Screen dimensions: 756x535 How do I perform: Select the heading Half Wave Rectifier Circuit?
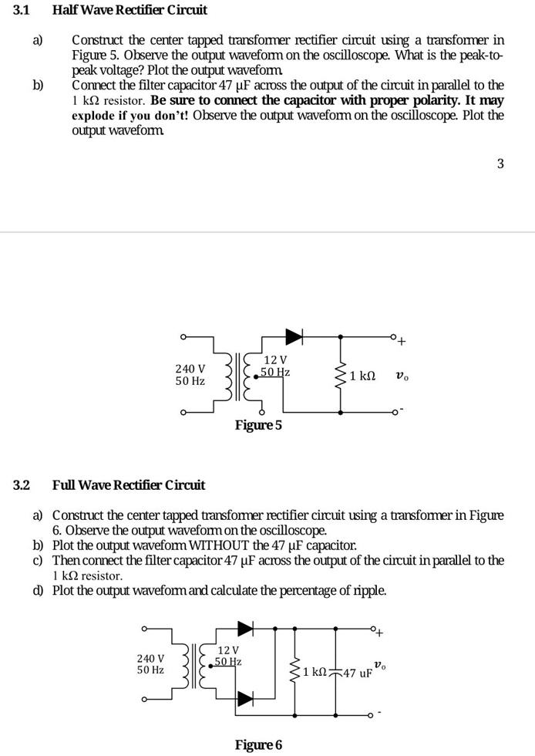click(130, 11)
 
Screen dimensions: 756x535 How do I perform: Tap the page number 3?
click(500, 164)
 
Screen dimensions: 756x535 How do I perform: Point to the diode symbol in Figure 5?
click(294, 336)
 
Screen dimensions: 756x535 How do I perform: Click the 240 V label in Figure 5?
click(190, 369)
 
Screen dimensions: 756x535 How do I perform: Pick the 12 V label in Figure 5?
click(275, 360)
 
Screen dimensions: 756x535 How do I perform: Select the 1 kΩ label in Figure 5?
click(362, 376)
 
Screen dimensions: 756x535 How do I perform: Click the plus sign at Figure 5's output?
click(402, 343)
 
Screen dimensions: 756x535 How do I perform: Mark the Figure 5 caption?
click(258, 425)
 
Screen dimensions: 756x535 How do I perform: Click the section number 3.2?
click(22, 485)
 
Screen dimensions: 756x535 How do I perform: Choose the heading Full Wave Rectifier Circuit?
click(129, 485)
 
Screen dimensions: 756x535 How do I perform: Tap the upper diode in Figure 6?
click(245, 627)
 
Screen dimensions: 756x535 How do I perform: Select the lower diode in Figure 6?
click(245, 698)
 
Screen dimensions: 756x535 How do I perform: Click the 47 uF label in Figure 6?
click(358, 673)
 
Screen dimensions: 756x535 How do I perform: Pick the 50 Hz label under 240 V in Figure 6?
click(150, 670)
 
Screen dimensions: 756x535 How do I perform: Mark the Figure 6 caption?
click(258, 744)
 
